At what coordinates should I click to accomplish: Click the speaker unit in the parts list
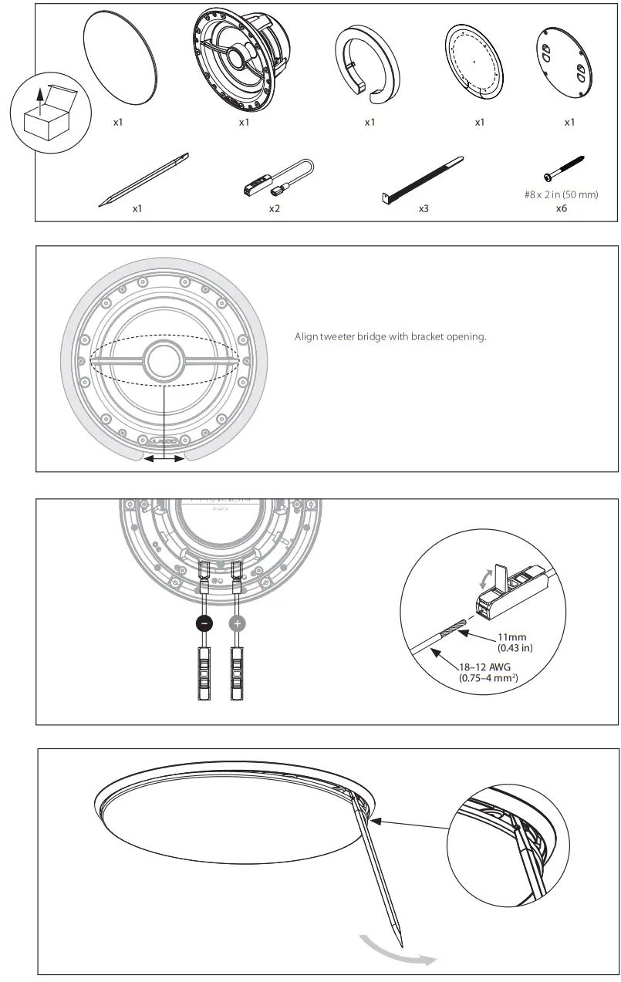tap(242, 62)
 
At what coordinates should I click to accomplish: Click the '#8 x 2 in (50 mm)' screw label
tap(561, 194)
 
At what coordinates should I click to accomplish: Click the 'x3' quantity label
tap(423, 209)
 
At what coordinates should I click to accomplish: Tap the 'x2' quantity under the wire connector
tap(274, 209)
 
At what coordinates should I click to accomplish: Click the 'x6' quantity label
tap(561, 208)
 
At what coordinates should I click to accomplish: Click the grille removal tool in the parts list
tap(143, 180)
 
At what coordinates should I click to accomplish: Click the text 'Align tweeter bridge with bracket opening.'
tap(390, 337)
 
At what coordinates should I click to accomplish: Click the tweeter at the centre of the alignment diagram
tap(166, 359)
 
